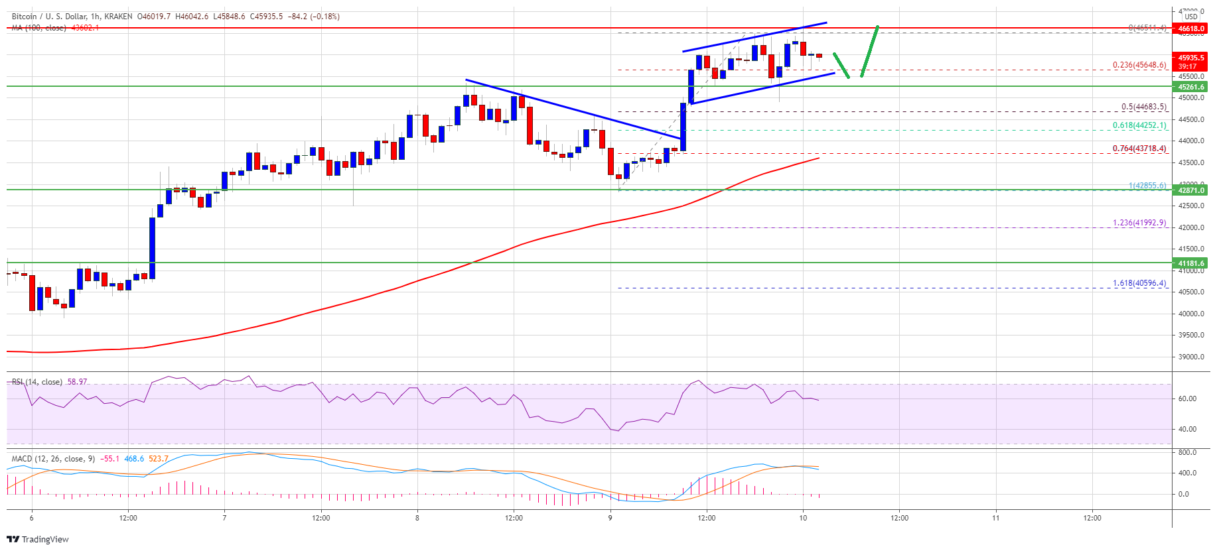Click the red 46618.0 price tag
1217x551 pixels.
pos(1191,29)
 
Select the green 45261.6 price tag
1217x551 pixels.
pos(1191,87)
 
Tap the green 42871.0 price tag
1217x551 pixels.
pos(1191,190)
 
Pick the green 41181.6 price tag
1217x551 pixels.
pos(1191,263)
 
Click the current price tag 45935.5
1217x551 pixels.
pos(1191,58)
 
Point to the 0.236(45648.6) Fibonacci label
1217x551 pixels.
pos(1139,65)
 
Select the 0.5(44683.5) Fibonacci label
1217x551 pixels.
pos(1143,107)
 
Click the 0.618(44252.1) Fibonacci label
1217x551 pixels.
pos(1139,125)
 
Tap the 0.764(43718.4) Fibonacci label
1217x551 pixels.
pos(1139,149)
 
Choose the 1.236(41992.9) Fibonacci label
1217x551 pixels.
pos(1139,223)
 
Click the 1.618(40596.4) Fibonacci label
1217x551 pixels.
pos(1139,283)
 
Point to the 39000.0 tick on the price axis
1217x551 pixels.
pos(1191,357)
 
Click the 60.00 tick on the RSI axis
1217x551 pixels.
pos(1188,398)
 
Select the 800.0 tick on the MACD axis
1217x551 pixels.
pos(1187,452)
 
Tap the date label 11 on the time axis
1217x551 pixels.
pos(996,518)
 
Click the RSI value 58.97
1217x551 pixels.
pos(77,382)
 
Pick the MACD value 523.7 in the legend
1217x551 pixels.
pos(159,459)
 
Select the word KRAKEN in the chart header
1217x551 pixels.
pos(117,17)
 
